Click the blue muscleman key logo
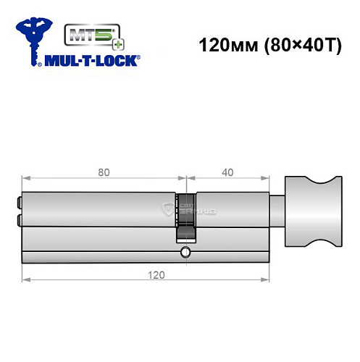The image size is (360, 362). [x=34, y=36]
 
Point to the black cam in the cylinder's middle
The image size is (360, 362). [x=186, y=214]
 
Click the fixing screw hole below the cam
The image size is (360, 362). [x=186, y=253]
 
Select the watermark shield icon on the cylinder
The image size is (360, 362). [x=169, y=210]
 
